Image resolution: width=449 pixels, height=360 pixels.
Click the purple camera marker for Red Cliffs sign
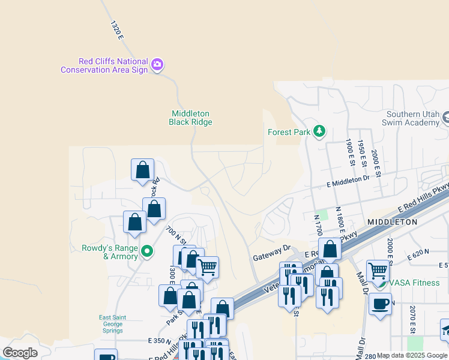tap(157, 64)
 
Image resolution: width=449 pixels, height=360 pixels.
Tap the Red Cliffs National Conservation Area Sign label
tap(104, 65)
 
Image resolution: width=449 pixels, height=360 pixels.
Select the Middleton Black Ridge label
tap(190, 118)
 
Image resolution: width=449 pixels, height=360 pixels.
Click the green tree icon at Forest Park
tap(319, 131)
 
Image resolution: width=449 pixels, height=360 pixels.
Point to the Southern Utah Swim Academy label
tap(413, 118)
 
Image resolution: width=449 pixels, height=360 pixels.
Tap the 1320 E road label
tap(116, 30)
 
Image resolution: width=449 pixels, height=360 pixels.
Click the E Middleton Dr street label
tap(349, 179)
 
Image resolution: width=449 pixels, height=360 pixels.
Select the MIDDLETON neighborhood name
tap(392, 222)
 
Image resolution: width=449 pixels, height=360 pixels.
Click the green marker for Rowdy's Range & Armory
tap(146, 250)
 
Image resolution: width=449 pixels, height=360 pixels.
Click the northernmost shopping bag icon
tap(143, 170)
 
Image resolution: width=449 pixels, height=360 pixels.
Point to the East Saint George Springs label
tap(112, 324)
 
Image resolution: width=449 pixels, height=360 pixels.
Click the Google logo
tap(20, 353)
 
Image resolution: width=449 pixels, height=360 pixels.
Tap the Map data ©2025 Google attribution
tap(412, 355)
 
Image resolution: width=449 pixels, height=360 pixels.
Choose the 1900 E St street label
tap(349, 152)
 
